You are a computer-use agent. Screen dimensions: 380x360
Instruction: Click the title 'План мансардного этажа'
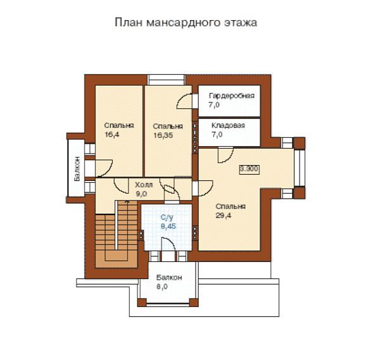click(x=186, y=23)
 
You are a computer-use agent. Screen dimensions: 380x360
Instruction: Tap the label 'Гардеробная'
click(x=232, y=96)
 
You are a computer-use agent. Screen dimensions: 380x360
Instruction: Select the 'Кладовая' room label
click(x=228, y=125)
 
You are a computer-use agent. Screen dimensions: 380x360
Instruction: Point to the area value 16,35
click(x=163, y=135)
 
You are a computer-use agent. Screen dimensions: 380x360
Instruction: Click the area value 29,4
click(x=224, y=216)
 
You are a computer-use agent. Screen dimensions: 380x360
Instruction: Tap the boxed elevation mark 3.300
click(x=249, y=169)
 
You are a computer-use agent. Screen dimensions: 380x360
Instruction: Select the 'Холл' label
click(x=144, y=185)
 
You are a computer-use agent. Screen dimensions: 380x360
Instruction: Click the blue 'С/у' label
click(x=167, y=218)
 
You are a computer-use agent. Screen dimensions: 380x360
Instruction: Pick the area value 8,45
click(x=168, y=227)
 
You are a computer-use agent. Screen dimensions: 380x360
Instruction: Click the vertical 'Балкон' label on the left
click(x=77, y=168)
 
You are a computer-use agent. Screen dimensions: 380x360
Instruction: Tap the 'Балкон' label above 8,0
click(x=169, y=278)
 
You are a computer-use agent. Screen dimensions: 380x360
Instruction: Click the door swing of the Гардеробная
click(x=185, y=101)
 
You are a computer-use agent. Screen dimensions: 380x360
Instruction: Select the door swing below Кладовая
click(x=225, y=155)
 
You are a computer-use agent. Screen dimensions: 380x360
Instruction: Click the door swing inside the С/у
click(x=168, y=244)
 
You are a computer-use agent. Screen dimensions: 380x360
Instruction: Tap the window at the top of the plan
click(x=167, y=80)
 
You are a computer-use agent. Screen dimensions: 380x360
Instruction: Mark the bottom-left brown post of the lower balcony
click(x=142, y=302)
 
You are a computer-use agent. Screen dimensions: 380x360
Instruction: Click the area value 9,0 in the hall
click(x=141, y=194)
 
